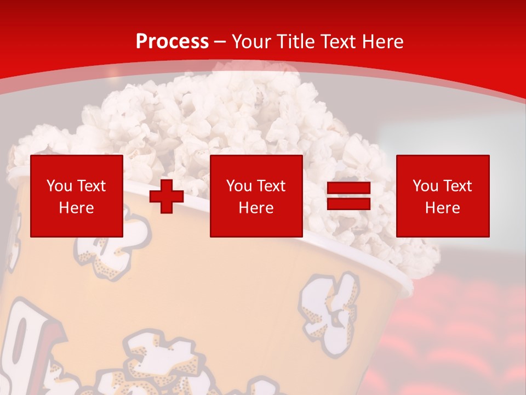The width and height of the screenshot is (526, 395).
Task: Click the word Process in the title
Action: click(x=172, y=42)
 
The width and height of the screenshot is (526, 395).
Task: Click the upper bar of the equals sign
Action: click(x=348, y=188)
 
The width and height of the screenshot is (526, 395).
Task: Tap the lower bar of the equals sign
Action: click(x=348, y=204)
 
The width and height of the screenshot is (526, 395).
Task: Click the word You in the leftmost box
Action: click(x=60, y=186)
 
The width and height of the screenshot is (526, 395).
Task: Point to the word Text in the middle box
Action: click(x=270, y=186)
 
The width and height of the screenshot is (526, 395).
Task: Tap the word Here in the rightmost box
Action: click(x=443, y=208)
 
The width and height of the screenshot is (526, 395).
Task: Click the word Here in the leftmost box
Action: click(x=77, y=208)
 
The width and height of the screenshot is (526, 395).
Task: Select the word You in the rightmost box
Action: click(x=426, y=186)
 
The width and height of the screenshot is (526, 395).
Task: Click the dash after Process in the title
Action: click(x=220, y=42)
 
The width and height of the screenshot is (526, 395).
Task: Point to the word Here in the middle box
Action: click(x=256, y=208)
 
